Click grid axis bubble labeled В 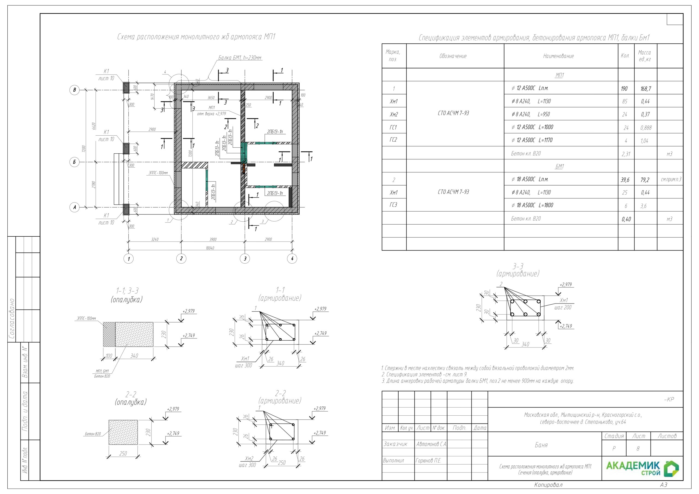pos(75,90)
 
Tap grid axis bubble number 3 pos(245,259)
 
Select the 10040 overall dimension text pos(210,248)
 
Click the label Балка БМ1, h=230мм pos(239,58)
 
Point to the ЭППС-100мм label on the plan pos(158,173)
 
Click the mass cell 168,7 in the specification pos(645,89)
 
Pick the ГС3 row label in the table pos(393,205)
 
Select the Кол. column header pos(625,56)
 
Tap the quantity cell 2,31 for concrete pos(626,154)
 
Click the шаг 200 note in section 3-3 pos(562,307)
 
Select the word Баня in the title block pos(541,445)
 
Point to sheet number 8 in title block pos(638,449)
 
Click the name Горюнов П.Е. pos(428,460)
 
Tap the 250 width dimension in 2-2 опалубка pos(123,454)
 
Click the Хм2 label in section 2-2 pos(249,459)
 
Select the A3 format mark pos(664,484)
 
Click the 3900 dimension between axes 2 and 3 pos(213,239)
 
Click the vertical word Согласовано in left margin pos(12,319)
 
